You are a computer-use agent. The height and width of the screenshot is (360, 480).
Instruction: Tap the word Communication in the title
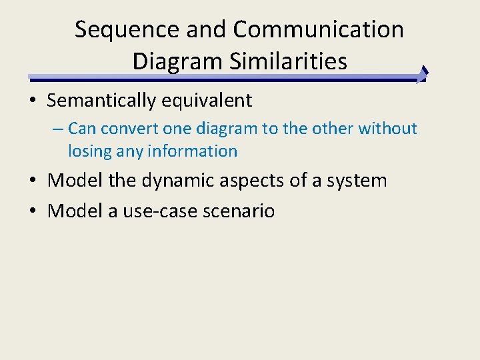[319, 30]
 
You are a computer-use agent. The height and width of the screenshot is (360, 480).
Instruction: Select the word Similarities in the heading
[288, 61]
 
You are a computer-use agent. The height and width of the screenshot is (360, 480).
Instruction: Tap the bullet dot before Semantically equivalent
[32, 101]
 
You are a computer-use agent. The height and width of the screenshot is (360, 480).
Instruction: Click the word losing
[89, 151]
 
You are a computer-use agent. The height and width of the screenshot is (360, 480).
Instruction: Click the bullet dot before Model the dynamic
[32, 181]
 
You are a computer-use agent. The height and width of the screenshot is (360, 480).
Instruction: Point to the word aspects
[256, 181]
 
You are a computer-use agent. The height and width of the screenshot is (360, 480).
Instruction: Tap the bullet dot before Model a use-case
[32, 211]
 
